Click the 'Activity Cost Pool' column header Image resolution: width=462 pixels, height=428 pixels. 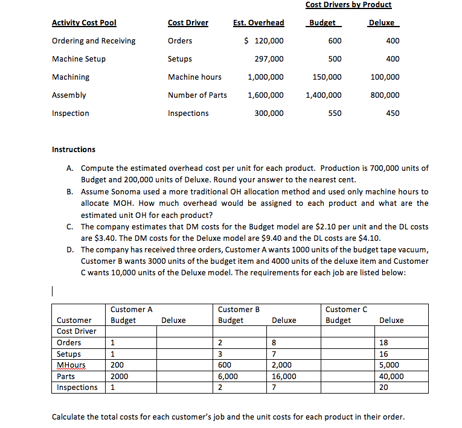click(84, 23)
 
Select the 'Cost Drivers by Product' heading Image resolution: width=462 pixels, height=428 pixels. click(348, 5)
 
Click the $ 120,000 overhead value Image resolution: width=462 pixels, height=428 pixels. click(263, 41)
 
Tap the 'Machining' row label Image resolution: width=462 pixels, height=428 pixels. click(71, 77)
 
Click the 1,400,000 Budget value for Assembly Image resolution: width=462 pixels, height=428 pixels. click(323, 95)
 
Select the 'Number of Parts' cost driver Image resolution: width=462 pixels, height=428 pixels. click(197, 95)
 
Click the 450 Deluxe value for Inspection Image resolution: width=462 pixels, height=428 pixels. click(392, 113)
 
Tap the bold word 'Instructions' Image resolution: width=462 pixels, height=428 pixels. click(74, 150)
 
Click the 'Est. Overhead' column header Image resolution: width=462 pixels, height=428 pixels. click(258, 23)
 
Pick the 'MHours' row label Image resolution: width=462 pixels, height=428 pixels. click(71, 365)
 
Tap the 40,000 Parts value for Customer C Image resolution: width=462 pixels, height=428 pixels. click(391, 376)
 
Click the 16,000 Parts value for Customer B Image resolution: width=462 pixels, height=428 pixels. click(284, 376)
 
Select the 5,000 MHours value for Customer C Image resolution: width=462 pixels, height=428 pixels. click(389, 365)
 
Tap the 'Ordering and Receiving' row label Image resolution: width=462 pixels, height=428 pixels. click(94, 41)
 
